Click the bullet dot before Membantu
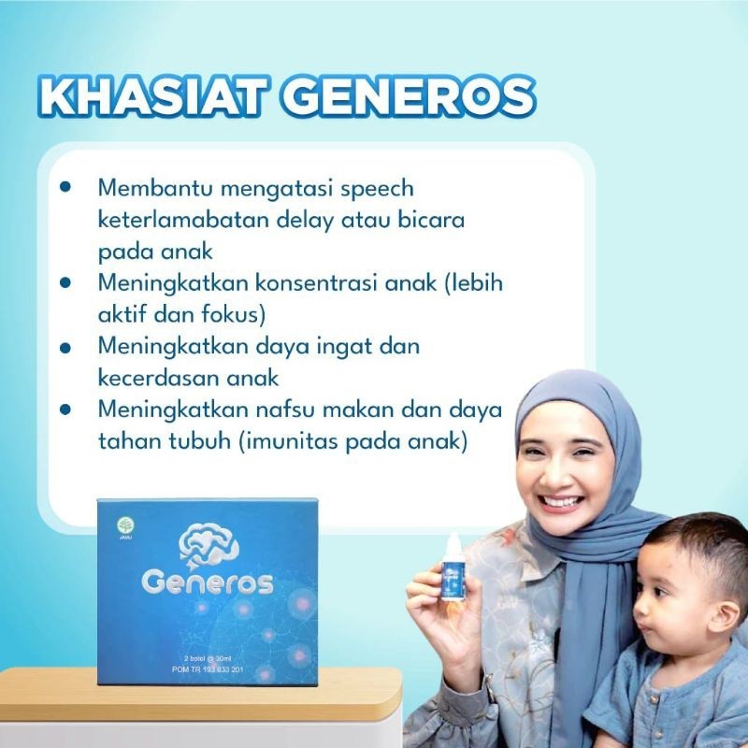click(x=65, y=187)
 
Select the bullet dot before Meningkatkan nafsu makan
click(x=65, y=410)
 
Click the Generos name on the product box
click(x=207, y=583)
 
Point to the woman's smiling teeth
click(x=560, y=501)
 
